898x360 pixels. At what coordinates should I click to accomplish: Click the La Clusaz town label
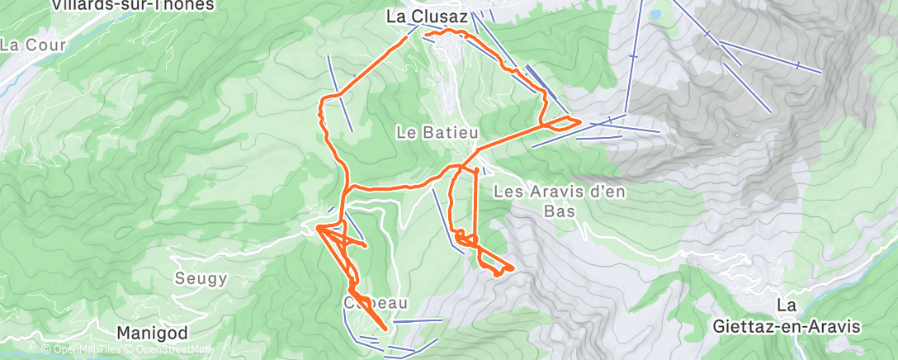(x=428, y=16)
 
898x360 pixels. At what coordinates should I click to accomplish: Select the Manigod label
(x=152, y=332)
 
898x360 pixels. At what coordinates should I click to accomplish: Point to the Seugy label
(x=201, y=278)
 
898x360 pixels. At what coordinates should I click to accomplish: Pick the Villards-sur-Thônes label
(x=132, y=5)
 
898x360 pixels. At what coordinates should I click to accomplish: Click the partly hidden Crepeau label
(x=376, y=303)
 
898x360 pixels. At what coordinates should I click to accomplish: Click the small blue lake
(x=655, y=15)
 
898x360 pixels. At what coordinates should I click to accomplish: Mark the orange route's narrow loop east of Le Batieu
(x=562, y=122)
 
